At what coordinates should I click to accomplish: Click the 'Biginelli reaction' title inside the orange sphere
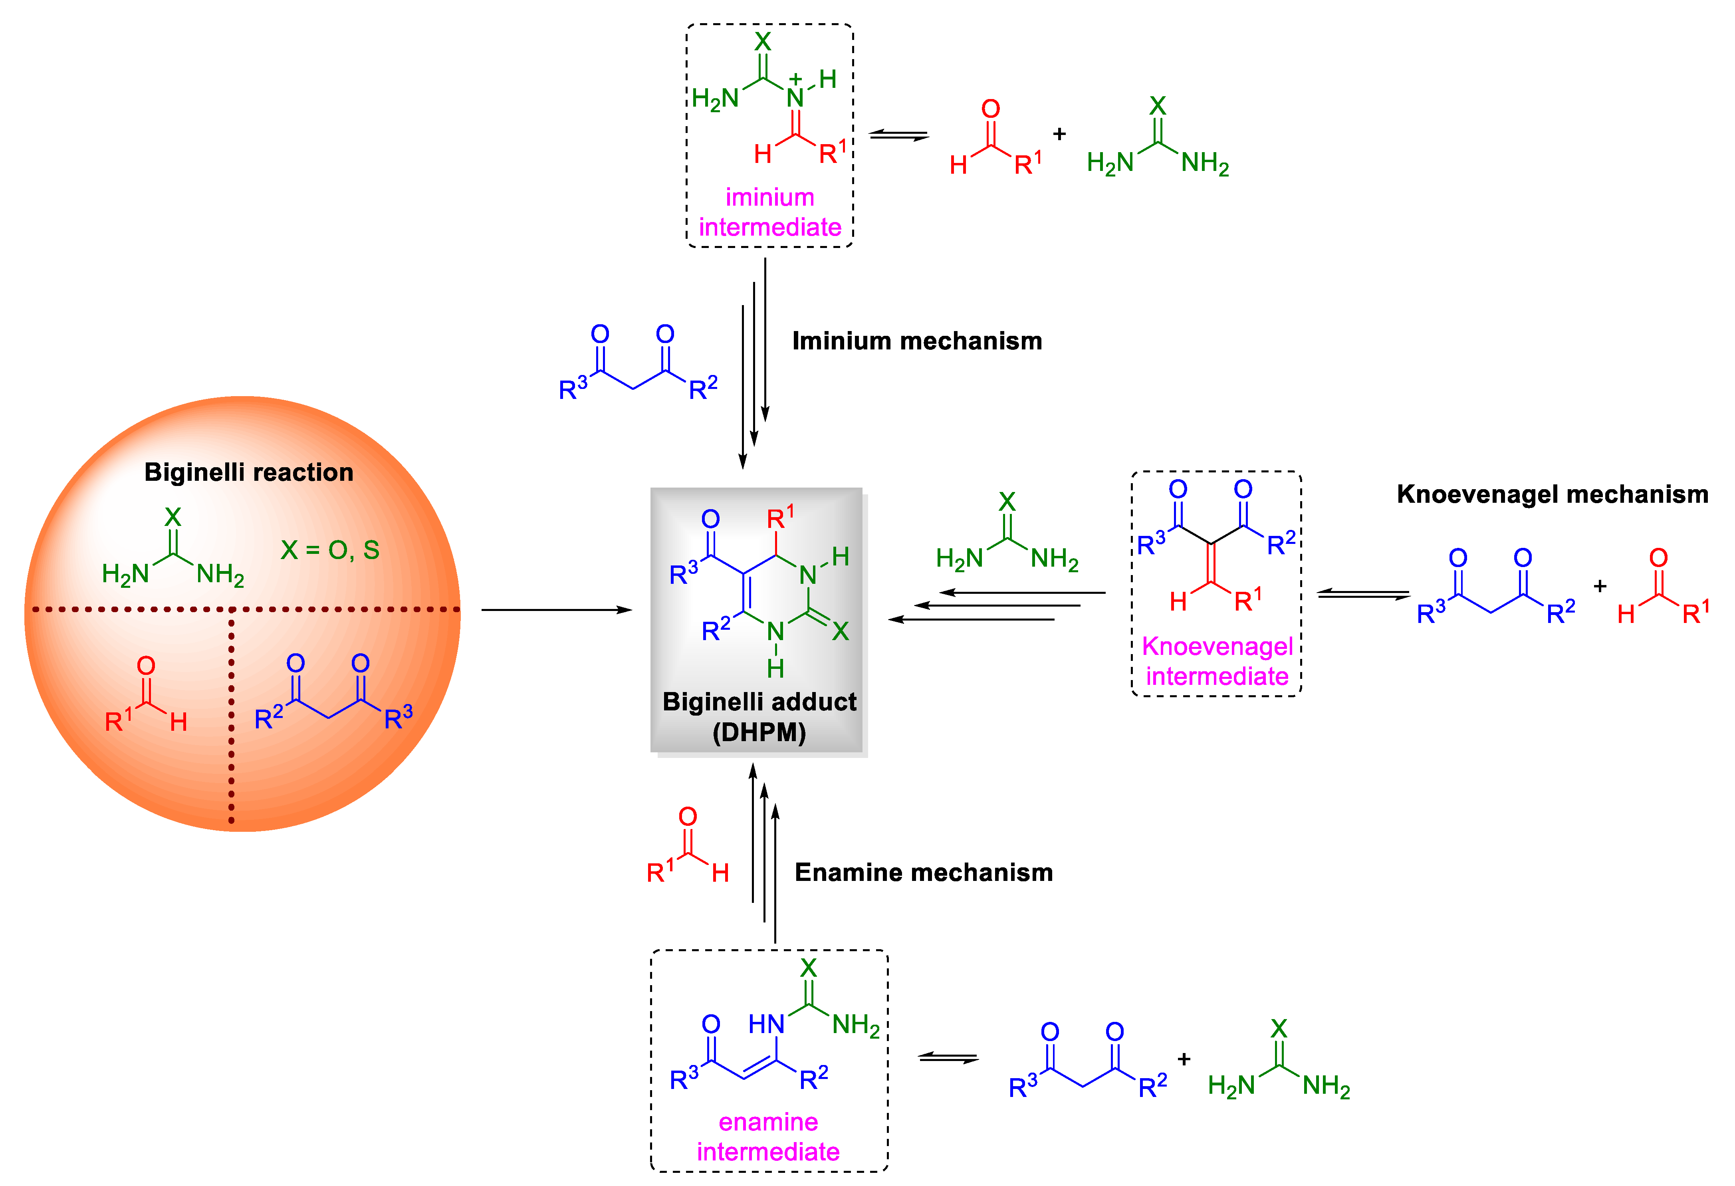(x=249, y=472)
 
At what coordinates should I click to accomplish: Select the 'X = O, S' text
(x=330, y=551)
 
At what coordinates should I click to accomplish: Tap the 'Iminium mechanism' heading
(x=917, y=341)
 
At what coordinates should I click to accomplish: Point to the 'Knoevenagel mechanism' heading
(x=1552, y=494)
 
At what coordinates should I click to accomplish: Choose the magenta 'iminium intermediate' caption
(x=770, y=212)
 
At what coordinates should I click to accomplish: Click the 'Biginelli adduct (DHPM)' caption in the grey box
(x=759, y=716)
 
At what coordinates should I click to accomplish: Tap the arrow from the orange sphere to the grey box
(x=556, y=610)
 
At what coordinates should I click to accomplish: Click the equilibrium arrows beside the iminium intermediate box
(x=899, y=135)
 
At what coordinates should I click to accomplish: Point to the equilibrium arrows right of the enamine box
(x=948, y=1058)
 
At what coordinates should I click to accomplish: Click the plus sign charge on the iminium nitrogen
(x=796, y=78)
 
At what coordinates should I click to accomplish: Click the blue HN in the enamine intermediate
(x=766, y=1024)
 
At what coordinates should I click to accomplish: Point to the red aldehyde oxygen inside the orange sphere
(x=146, y=666)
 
